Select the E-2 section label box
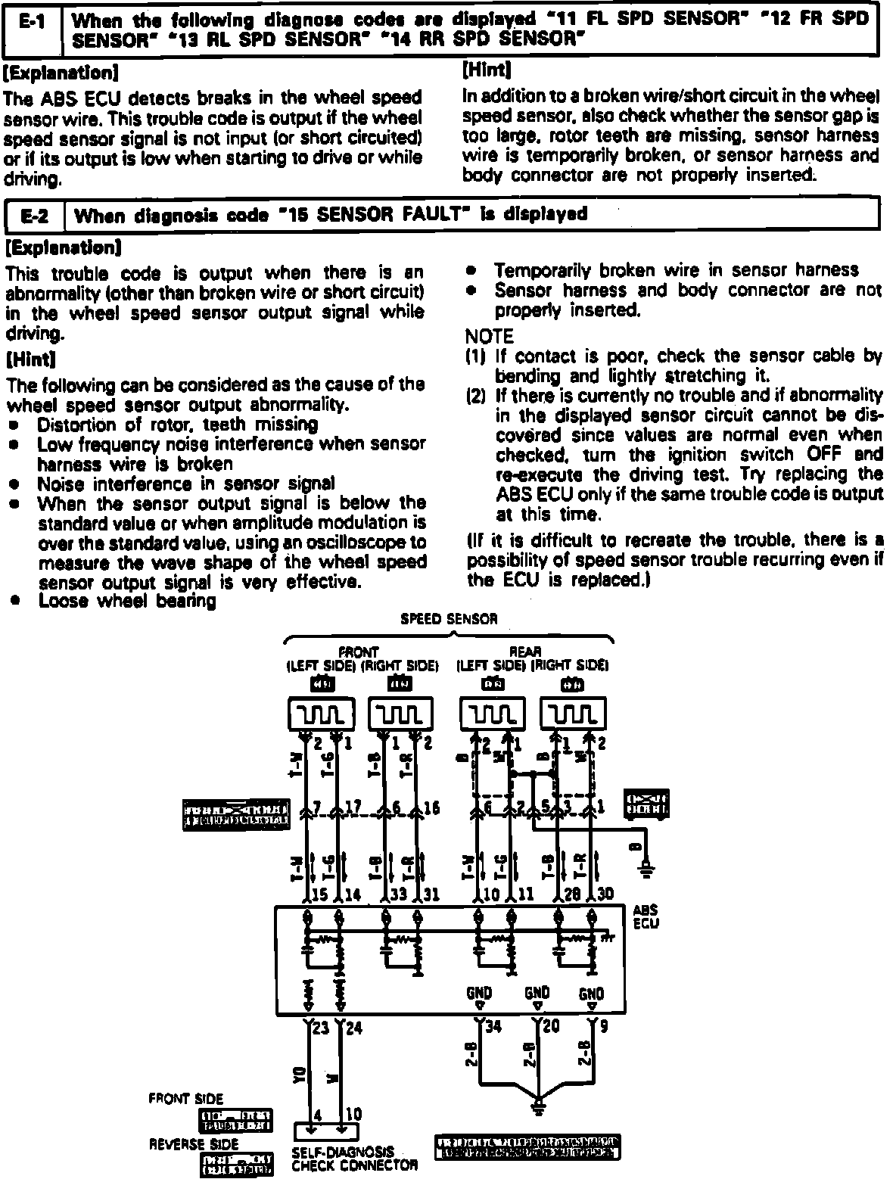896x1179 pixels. (35, 215)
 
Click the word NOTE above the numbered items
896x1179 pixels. (488, 336)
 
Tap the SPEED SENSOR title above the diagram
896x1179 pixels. (449, 619)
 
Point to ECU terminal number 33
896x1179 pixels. (399, 894)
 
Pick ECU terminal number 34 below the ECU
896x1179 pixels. (492, 1027)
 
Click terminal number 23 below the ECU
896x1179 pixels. (321, 1027)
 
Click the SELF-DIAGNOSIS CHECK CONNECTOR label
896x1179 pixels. (354, 1159)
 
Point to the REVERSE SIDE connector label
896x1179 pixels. (193, 1144)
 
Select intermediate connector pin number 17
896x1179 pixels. (352, 808)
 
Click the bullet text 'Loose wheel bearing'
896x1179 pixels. (127, 601)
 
